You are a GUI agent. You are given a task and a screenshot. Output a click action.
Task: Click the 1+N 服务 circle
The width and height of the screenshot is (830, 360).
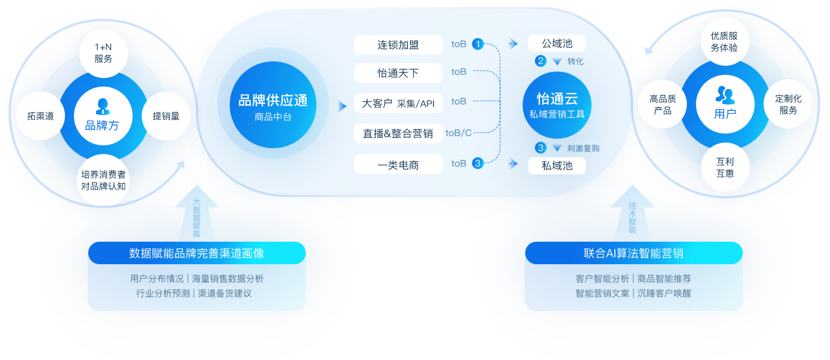pyautogui.click(x=104, y=54)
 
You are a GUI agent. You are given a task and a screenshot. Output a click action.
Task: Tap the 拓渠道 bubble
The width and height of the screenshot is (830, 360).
pyautogui.click(x=41, y=116)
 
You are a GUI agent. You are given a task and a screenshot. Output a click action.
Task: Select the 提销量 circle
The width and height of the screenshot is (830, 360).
pyautogui.click(x=166, y=116)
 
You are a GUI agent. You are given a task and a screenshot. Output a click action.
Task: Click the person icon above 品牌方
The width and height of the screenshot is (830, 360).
pyautogui.click(x=102, y=106)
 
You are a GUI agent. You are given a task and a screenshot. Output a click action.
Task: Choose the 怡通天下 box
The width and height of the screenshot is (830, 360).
pyautogui.click(x=398, y=73)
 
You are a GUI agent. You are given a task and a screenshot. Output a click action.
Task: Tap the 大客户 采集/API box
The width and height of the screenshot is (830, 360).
pyautogui.click(x=398, y=104)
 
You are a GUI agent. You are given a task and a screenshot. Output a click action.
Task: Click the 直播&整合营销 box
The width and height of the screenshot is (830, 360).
pyautogui.click(x=398, y=134)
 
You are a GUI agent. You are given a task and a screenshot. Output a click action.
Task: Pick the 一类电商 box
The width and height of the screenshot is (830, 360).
pyautogui.click(x=398, y=165)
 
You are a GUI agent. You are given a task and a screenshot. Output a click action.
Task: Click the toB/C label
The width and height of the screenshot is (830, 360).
pyautogui.click(x=458, y=133)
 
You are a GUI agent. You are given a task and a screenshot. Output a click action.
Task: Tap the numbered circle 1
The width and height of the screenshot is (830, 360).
pyautogui.click(x=478, y=43)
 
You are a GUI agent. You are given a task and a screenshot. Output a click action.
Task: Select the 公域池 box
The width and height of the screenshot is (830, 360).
pyautogui.click(x=557, y=43)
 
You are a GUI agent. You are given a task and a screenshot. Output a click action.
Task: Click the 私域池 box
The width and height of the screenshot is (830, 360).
pyautogui.click(x=557, y=166)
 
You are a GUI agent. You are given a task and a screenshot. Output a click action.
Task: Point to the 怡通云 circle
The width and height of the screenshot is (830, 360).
pyautogui.click(x=557, y=105)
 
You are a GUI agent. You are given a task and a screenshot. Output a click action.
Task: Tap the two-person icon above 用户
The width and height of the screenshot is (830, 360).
pyautogui.click(x=725, y=95)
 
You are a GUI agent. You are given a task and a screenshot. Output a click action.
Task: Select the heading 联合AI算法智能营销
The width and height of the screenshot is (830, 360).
pyautogui.click(x=633, y=254)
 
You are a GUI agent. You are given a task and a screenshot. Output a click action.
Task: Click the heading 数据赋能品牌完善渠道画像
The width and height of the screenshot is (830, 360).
pyautogui.click(x=197, y=254)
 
